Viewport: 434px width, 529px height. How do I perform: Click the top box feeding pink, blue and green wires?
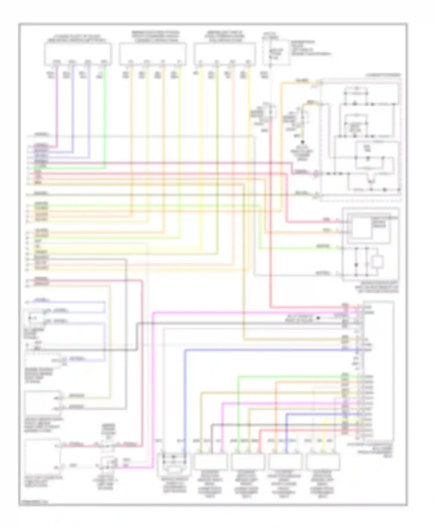(78, 54)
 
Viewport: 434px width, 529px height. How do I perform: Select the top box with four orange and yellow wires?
(152, 54)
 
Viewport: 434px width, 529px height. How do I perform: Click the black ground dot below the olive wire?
(303, 142)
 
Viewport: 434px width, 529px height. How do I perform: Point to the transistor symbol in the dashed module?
(371, 181)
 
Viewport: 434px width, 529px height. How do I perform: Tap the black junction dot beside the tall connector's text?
(318, 318)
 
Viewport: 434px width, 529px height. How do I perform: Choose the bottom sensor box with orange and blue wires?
(285, 461)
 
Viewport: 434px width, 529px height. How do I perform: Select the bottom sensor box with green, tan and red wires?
(248, 461)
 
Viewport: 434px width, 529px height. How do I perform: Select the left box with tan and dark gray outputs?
(43, 403)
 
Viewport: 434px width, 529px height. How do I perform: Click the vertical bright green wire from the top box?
(105, 116)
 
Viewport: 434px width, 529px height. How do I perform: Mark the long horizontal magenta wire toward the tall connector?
(246, 312)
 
